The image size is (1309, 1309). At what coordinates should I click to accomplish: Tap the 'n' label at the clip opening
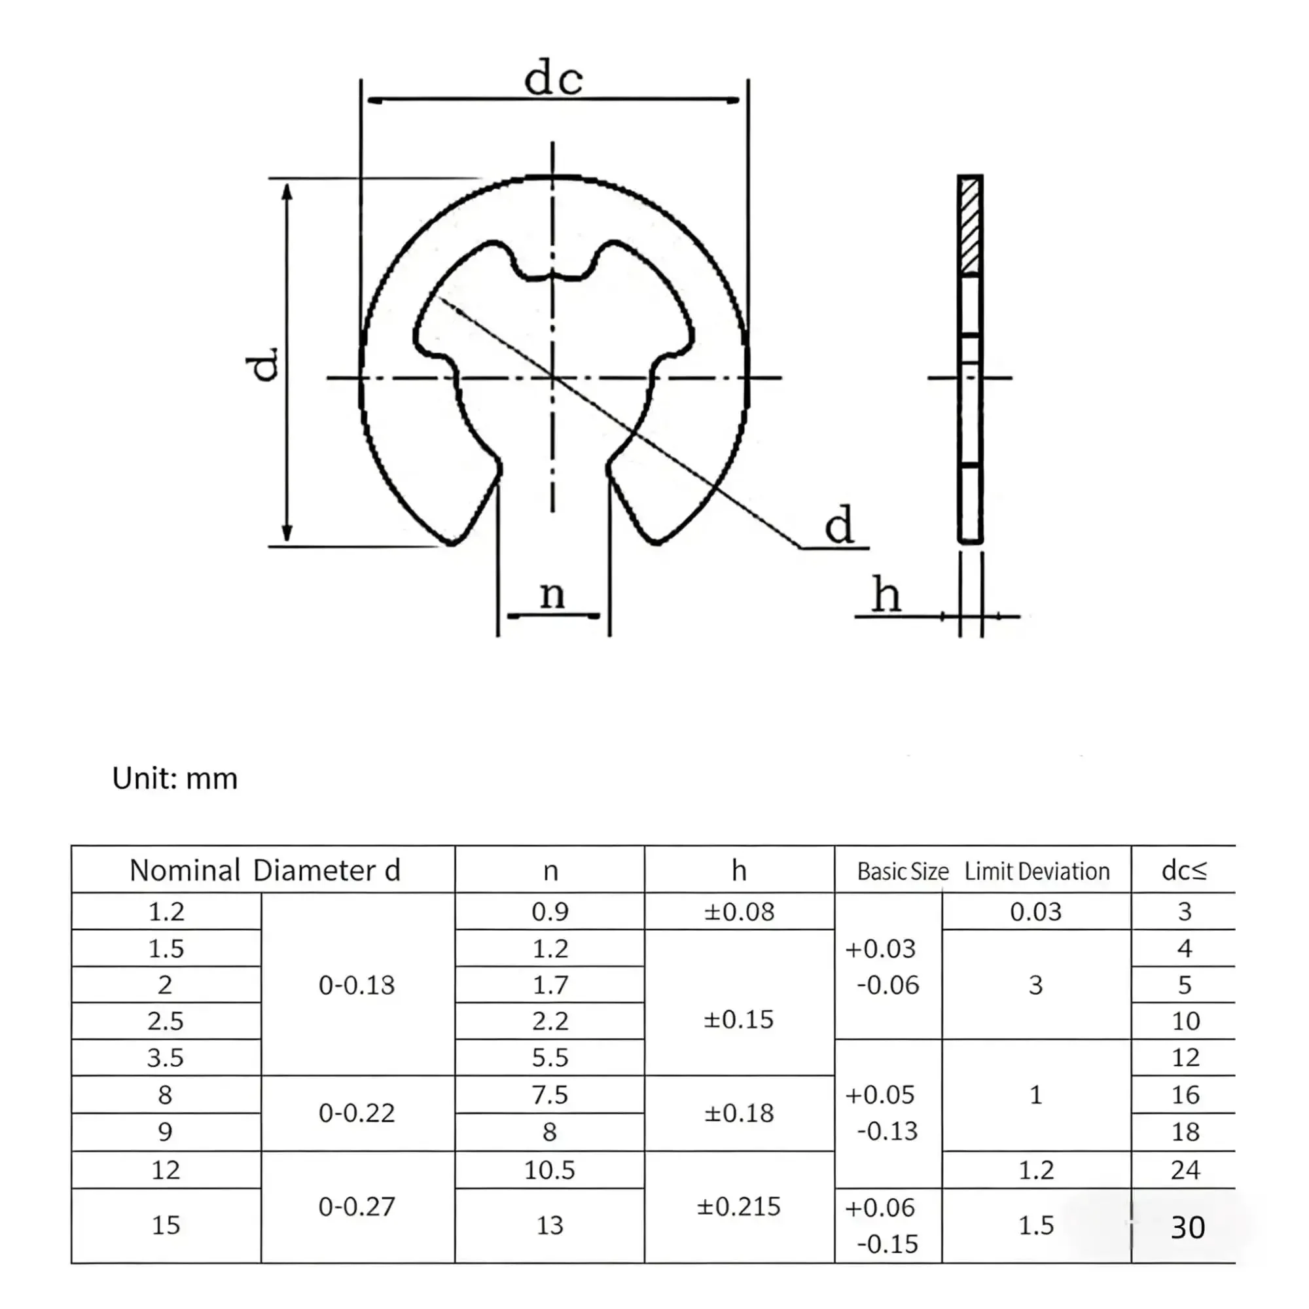click(x=552, y=594)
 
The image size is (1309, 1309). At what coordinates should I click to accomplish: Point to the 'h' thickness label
click(x=886, y=594)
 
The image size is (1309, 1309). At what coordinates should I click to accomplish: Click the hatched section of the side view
click(x=970, y=226)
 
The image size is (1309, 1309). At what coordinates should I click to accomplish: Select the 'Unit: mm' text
click(x=175, y=778)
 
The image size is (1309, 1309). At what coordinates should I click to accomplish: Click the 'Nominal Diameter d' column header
click(x=265, y=870)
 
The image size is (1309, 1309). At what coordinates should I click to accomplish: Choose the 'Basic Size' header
click(x=903, y=871)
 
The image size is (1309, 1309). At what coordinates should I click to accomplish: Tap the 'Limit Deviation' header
click(x=1037, y=871)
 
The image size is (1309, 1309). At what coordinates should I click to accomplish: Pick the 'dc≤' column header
click(x=1185, y=870)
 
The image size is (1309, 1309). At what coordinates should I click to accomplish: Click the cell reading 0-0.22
click(x=357, y=1113)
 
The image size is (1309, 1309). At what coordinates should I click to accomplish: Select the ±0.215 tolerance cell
click(x=738, y=1207)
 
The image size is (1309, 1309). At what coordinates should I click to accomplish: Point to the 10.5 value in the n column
click(x=550, y=1170)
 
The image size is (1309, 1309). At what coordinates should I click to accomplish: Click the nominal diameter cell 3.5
click(x=166, y=1058)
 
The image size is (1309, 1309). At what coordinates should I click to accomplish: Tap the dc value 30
click(x=1188, y=1227)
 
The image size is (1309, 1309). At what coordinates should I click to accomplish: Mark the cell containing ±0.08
click(x=738, y=912)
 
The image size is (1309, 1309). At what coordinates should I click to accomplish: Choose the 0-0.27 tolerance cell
click(x=357, y=1207)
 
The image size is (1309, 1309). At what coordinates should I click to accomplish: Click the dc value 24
click(x=1185, y=1170)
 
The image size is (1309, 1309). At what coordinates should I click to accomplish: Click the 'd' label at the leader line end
click(x=839, y=524)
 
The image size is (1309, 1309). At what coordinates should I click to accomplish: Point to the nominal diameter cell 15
click(x=166, y=1225)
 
